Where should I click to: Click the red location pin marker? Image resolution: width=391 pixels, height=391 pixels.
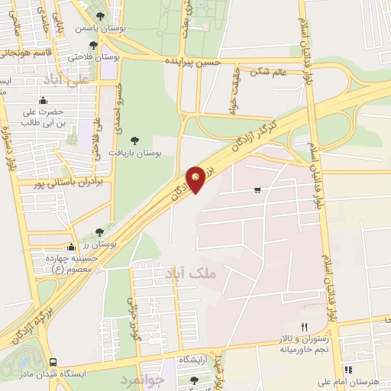(196, 179)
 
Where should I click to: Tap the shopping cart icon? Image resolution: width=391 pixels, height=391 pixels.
(257, 190)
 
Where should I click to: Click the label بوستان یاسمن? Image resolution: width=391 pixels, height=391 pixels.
(99, 28)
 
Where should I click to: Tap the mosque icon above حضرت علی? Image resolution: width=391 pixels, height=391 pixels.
(43, 99)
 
